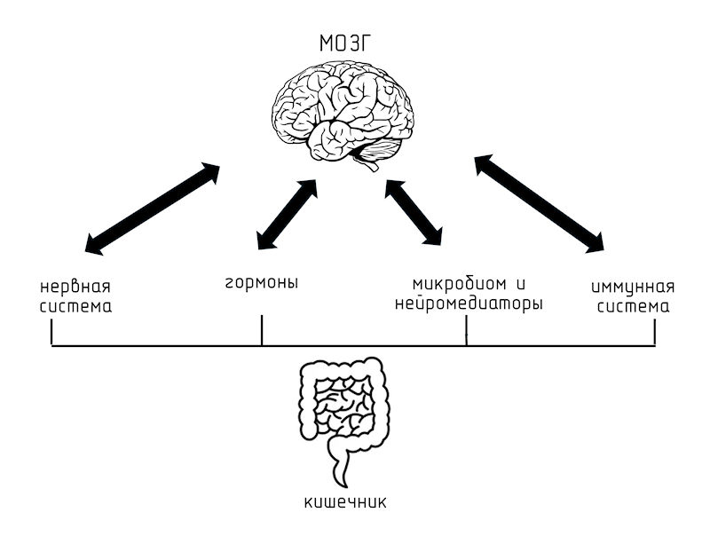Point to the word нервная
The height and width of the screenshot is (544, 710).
coord(81,288)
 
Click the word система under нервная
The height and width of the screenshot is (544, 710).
coord(81,308)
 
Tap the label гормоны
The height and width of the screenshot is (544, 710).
coord(260,284)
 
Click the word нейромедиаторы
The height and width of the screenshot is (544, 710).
coord(467,304)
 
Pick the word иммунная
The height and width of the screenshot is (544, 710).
coord(633,288)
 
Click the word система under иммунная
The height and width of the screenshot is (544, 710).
coord(633,308)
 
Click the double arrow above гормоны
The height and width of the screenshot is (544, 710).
coord(286,214)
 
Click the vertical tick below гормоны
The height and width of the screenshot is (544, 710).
coord(262,332)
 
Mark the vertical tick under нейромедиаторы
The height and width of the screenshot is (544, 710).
coord(467,332)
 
